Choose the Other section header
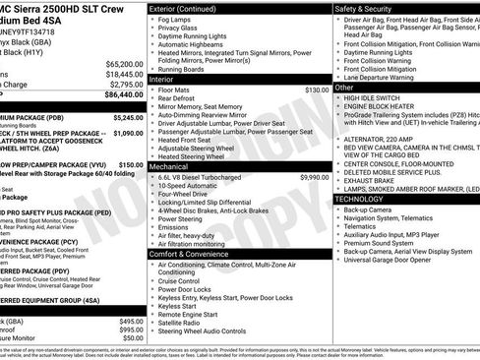click(x=345, y=88)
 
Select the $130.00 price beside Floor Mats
click(x=317, y=90)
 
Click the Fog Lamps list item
click(x=175, y=20)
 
